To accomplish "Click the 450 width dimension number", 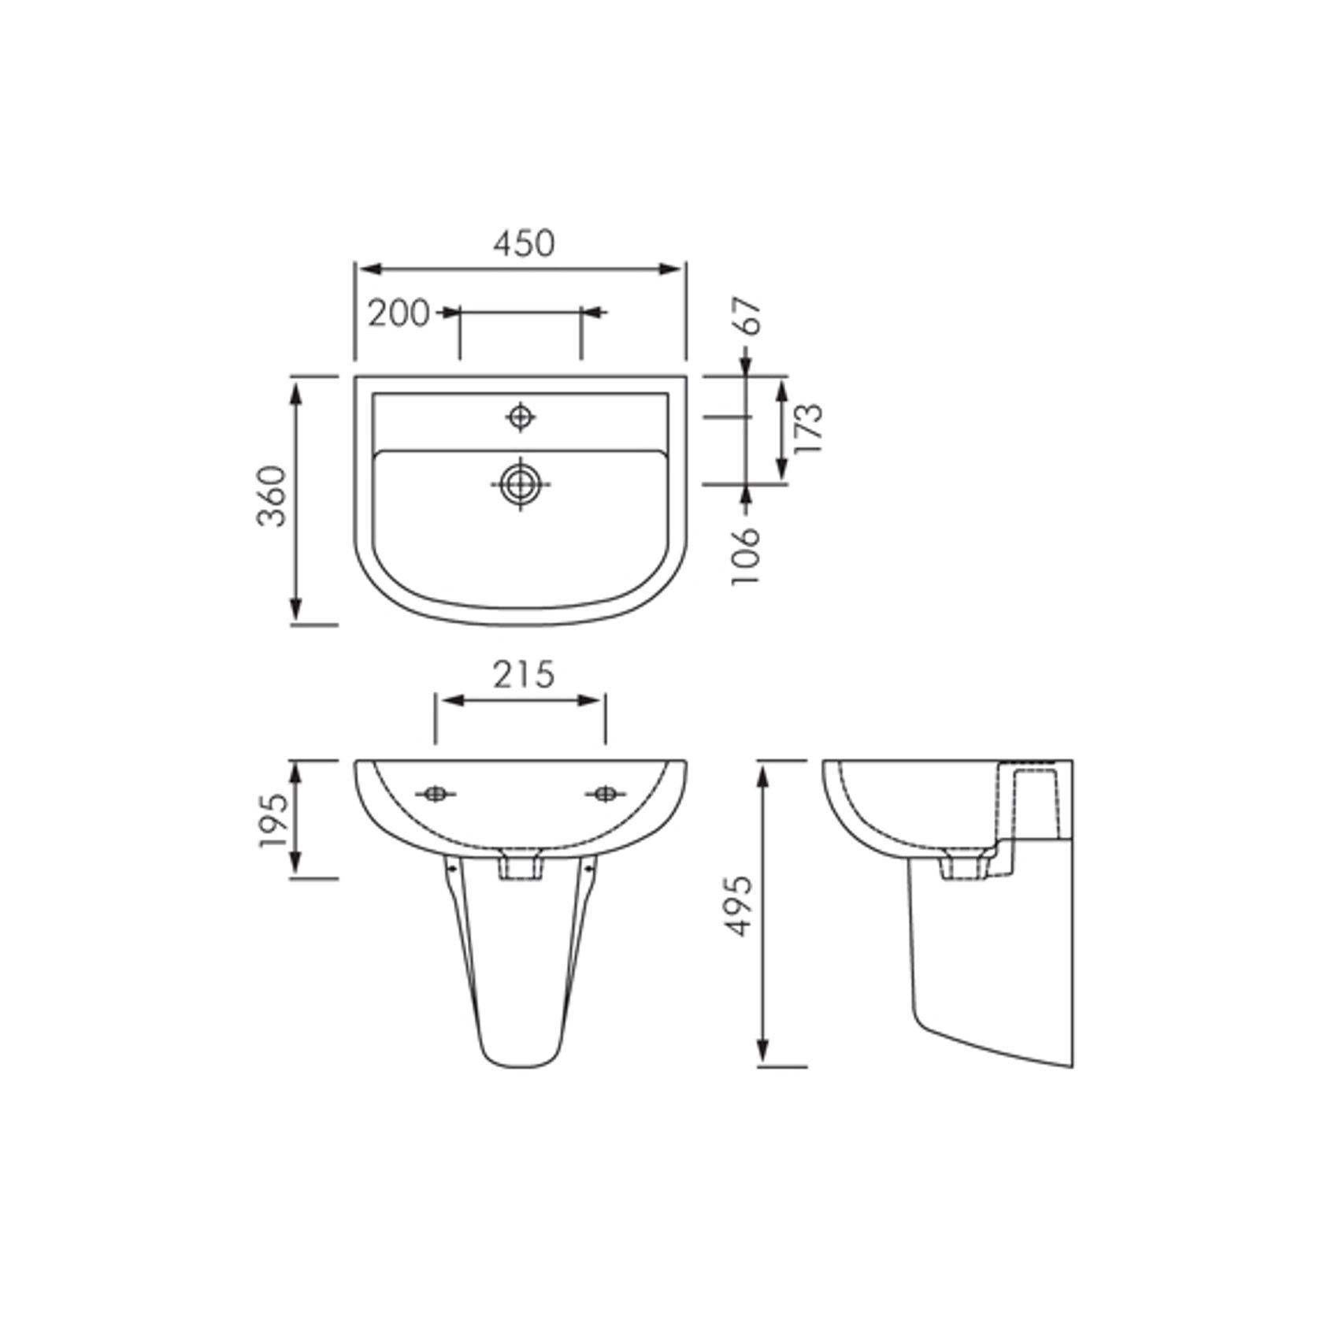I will click(524, 243).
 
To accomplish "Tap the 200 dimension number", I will click(399, 313).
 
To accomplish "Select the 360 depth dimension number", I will click(273, 497).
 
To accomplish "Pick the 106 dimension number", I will click(747, 555).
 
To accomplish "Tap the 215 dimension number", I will click(524, 675).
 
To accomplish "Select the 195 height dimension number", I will click(273, 820).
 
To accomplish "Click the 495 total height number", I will click(739, 906).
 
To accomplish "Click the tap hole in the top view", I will click(520, 417).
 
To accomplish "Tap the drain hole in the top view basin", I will click(520, 484).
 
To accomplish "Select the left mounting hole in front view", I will click(435, 794).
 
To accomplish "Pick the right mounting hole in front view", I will click(605, 794).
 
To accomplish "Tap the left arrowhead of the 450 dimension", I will click(367, 269).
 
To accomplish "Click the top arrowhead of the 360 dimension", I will click(296, 391).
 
